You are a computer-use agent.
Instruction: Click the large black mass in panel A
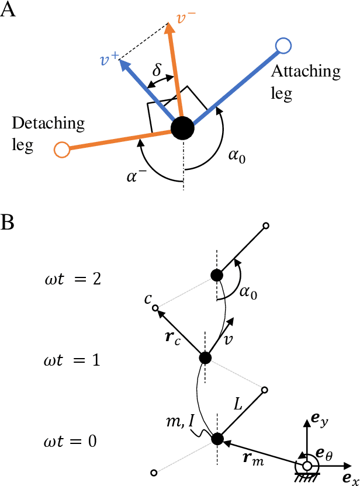coord(182,128)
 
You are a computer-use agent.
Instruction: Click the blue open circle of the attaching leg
coord(283,45)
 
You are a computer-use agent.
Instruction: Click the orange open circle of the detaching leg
coord(61,150)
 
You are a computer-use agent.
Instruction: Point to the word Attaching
coord(305,72)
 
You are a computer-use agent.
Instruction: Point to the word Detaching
coord(48,123)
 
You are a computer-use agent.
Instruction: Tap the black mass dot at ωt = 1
coord(205,357)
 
